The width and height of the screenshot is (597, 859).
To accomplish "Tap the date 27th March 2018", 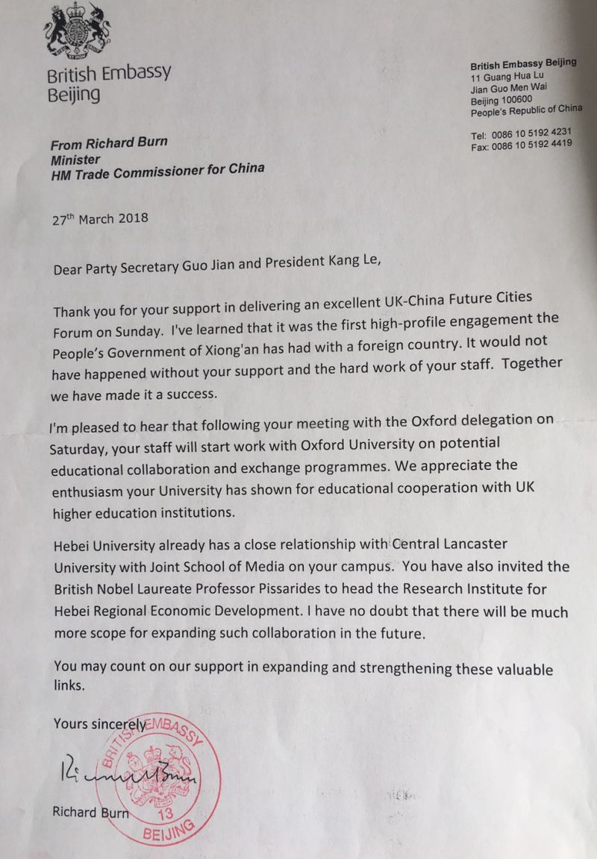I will pyautogui.click(x=101, y=218).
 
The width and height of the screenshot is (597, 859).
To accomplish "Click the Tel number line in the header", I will pyautogui.click(x=521, y=133).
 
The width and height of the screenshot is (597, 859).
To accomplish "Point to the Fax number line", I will pyautogui.click(x=521, y=145).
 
